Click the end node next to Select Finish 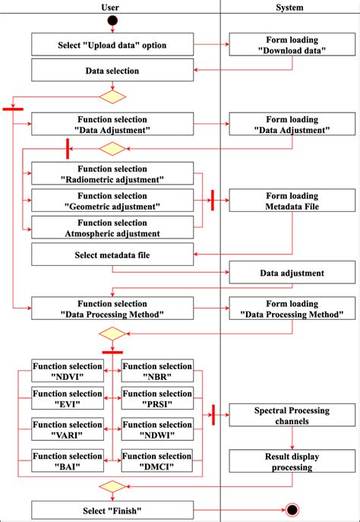291,510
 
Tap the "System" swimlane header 290,7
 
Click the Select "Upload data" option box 112,45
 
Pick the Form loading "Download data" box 291,45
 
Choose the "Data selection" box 112,71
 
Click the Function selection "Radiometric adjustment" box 112,173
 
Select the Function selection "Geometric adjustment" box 112,201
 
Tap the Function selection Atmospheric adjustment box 112,227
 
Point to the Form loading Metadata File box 291,201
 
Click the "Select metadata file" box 112,255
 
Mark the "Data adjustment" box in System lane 291,273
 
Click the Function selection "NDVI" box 67,371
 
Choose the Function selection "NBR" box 157,371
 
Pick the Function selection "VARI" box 67,430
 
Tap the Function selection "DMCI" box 157,460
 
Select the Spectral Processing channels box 291,416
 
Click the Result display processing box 291,460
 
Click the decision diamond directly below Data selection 112,96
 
